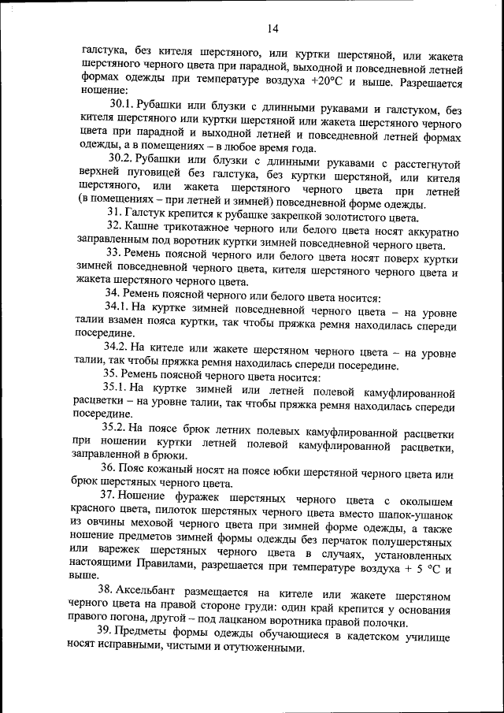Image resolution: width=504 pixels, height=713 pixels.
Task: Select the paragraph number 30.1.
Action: [121, 104]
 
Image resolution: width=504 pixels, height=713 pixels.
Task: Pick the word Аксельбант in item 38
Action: [148, 592]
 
